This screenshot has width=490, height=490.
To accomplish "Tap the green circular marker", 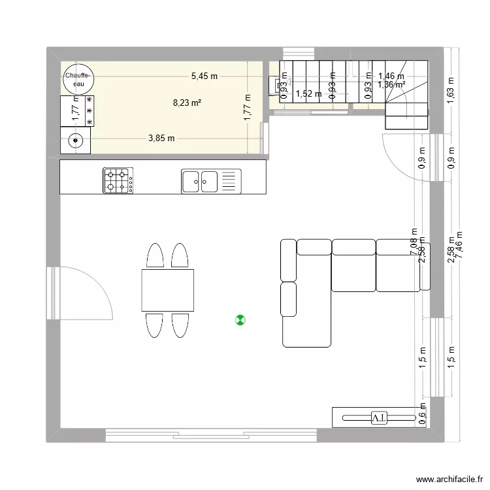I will tap(240, 320).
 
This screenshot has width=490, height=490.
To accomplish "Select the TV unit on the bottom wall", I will tap(374, 417).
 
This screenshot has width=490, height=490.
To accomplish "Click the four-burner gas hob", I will tap(118, 181).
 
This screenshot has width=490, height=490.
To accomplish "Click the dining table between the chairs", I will tap(167, 290).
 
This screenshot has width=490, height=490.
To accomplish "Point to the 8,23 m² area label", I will tap(186, 103).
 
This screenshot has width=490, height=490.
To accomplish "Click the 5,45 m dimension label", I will tap(204, 76).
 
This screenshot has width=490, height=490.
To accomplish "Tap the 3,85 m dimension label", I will tap(161, 138).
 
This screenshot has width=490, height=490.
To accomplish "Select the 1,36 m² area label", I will tap(391, 84).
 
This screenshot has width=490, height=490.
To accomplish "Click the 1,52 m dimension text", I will tap(308, 94).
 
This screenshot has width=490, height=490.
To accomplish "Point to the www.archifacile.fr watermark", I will tap(447, 480).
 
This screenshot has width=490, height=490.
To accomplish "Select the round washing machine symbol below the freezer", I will tap(76, 140).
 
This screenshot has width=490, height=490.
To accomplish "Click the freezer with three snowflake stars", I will tap(78, 110).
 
